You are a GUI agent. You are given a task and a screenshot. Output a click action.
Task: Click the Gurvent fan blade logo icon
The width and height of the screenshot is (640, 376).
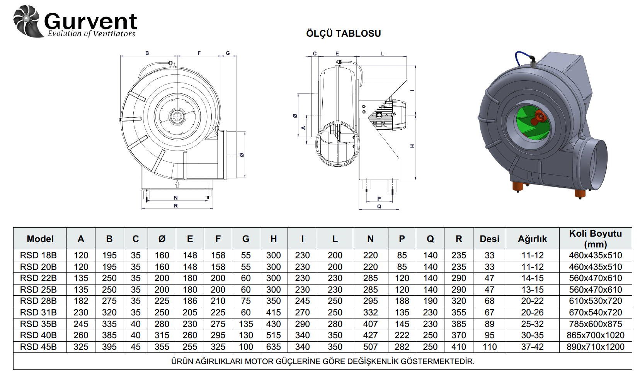(x=27, y=21)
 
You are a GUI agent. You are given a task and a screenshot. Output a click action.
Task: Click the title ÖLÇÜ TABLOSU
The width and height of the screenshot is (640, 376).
(x=343, y=34)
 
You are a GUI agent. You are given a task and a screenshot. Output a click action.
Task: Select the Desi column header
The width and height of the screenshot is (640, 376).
(x=489, y=239)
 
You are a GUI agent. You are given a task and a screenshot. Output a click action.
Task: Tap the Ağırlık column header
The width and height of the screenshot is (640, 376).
(x=532, y=239)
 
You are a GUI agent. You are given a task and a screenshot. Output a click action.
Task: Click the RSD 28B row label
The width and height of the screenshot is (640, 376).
(x=38, y=301)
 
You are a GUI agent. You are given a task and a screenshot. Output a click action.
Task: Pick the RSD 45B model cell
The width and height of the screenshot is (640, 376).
(x=38, y=347)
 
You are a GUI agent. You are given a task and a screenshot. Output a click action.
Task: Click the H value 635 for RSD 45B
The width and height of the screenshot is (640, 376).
(x=273, y=347)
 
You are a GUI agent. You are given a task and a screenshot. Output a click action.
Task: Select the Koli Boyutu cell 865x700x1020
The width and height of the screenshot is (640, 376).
(x=595, y=335)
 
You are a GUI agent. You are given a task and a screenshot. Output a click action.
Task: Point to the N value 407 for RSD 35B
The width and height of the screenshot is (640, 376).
(x=370, y=324)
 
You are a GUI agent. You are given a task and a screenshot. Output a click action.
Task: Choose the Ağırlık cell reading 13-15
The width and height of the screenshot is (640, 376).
(x=532, y=290)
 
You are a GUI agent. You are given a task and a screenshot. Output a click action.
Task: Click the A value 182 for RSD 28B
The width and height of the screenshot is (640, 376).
(x=81, y=301)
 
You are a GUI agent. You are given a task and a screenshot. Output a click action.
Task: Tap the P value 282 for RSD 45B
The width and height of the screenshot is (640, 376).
(x=402, y=347)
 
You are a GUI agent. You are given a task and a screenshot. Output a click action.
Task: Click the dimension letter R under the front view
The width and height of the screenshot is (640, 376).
(x=176, y=206)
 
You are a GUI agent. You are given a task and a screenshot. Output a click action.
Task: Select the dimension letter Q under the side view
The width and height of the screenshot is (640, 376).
(x=379, y=207)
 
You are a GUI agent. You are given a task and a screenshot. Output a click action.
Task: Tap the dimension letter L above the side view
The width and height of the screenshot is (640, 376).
(x=383, y=54)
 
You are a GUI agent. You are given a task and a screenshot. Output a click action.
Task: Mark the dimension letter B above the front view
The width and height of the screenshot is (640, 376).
(x=147, y=53)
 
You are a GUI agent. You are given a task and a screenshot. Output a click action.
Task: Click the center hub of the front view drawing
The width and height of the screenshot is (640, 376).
(x=177, y=115)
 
